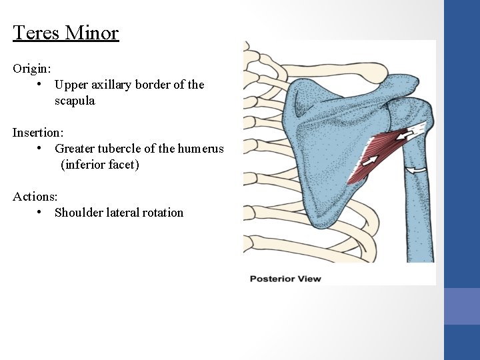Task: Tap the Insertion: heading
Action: pos(38,133)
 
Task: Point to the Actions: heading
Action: pos(35,197)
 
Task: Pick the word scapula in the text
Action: pos(75,101)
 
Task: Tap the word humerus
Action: pos(203,149)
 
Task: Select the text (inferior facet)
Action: pos(99,165)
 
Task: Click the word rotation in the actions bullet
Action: pos(163,213)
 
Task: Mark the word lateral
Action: pos(121,213)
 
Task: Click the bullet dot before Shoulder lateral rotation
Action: pos(41,213)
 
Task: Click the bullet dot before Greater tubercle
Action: pos(41,149)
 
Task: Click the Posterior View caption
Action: pos(285,278)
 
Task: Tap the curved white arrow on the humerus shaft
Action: pos(417,171)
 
